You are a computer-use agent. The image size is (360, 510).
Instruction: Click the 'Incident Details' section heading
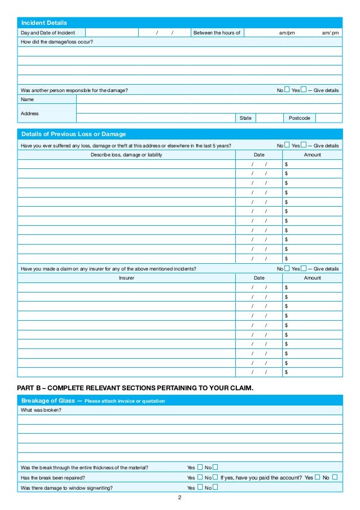click(44, 23)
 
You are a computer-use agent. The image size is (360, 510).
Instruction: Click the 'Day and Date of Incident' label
click(48, 33)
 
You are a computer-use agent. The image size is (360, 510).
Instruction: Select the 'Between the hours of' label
click(217, 33)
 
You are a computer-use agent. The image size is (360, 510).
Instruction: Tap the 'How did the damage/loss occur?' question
click(57, 42)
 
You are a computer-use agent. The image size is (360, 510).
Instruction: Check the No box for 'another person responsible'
click(287, 89)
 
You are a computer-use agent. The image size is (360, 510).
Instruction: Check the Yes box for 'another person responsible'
click(304, 89)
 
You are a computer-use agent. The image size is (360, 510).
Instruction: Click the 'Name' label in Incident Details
click(27, 99)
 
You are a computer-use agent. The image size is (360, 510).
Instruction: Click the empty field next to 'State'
click(269, 118)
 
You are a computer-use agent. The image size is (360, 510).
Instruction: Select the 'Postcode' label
click(300, 118)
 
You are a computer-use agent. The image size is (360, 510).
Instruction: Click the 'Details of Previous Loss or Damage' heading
click(73, 134)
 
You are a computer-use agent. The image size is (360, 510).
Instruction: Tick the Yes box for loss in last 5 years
click(304, 145)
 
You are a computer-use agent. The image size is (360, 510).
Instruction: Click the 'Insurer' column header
click(126, 278)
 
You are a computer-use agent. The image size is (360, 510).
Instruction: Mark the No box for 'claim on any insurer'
click(287, 268)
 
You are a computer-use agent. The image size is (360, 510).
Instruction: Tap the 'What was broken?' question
click(41, 410)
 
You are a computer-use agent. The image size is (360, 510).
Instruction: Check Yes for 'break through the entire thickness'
click(200, 467)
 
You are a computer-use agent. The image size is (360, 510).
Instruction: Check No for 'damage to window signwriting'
click(216, 487)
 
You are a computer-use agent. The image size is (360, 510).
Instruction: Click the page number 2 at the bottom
click(179, 498)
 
